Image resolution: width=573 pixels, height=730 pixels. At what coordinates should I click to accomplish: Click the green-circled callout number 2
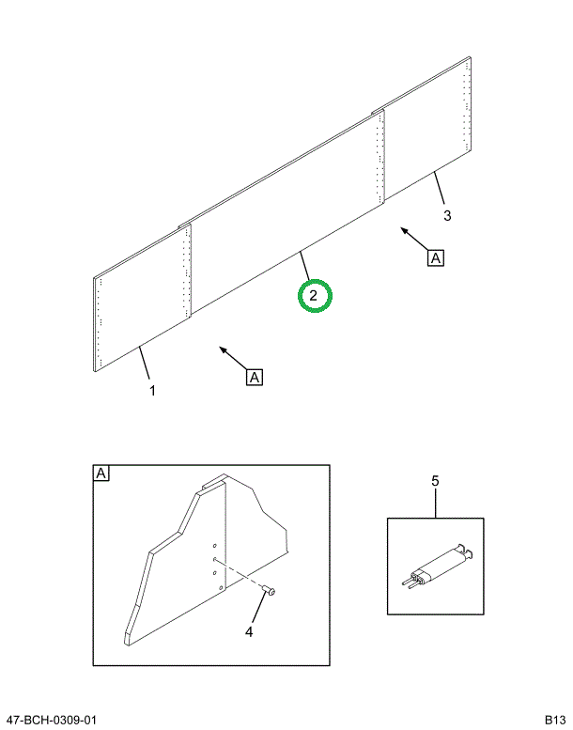pos(313,295)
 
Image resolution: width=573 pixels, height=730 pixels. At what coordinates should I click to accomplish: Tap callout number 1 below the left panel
pos(152,390)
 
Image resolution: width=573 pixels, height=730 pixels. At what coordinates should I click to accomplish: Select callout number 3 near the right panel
pos(447,215)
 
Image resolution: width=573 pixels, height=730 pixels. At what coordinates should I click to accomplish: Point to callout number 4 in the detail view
pos(249,631)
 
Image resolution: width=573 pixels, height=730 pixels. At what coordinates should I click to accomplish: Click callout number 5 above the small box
pos(435,481)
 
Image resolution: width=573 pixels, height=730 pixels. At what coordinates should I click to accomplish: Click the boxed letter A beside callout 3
pos(436,258)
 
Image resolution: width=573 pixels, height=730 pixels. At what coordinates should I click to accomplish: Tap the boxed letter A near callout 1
pos(255,377)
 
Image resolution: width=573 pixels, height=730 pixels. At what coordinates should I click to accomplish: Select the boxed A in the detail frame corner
pos(101,474)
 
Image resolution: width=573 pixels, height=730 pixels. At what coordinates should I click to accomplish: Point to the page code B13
pos(555,721)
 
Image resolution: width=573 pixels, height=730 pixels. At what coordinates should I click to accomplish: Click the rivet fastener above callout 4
pos(269,591)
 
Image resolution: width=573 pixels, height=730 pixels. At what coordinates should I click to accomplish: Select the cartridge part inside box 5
pos(438,567)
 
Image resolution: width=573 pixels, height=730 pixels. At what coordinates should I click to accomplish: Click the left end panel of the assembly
pos(142,298)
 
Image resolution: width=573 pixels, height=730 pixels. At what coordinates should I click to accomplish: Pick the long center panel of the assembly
pos(286,211)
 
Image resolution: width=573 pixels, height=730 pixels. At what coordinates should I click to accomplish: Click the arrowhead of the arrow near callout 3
pos(404,229)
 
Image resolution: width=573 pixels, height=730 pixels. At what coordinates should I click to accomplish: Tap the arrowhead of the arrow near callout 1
pos(223,349)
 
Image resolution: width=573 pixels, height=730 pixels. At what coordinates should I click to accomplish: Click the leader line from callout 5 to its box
pos(436,503)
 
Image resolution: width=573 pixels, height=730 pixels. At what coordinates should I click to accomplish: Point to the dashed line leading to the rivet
pos(240,574)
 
